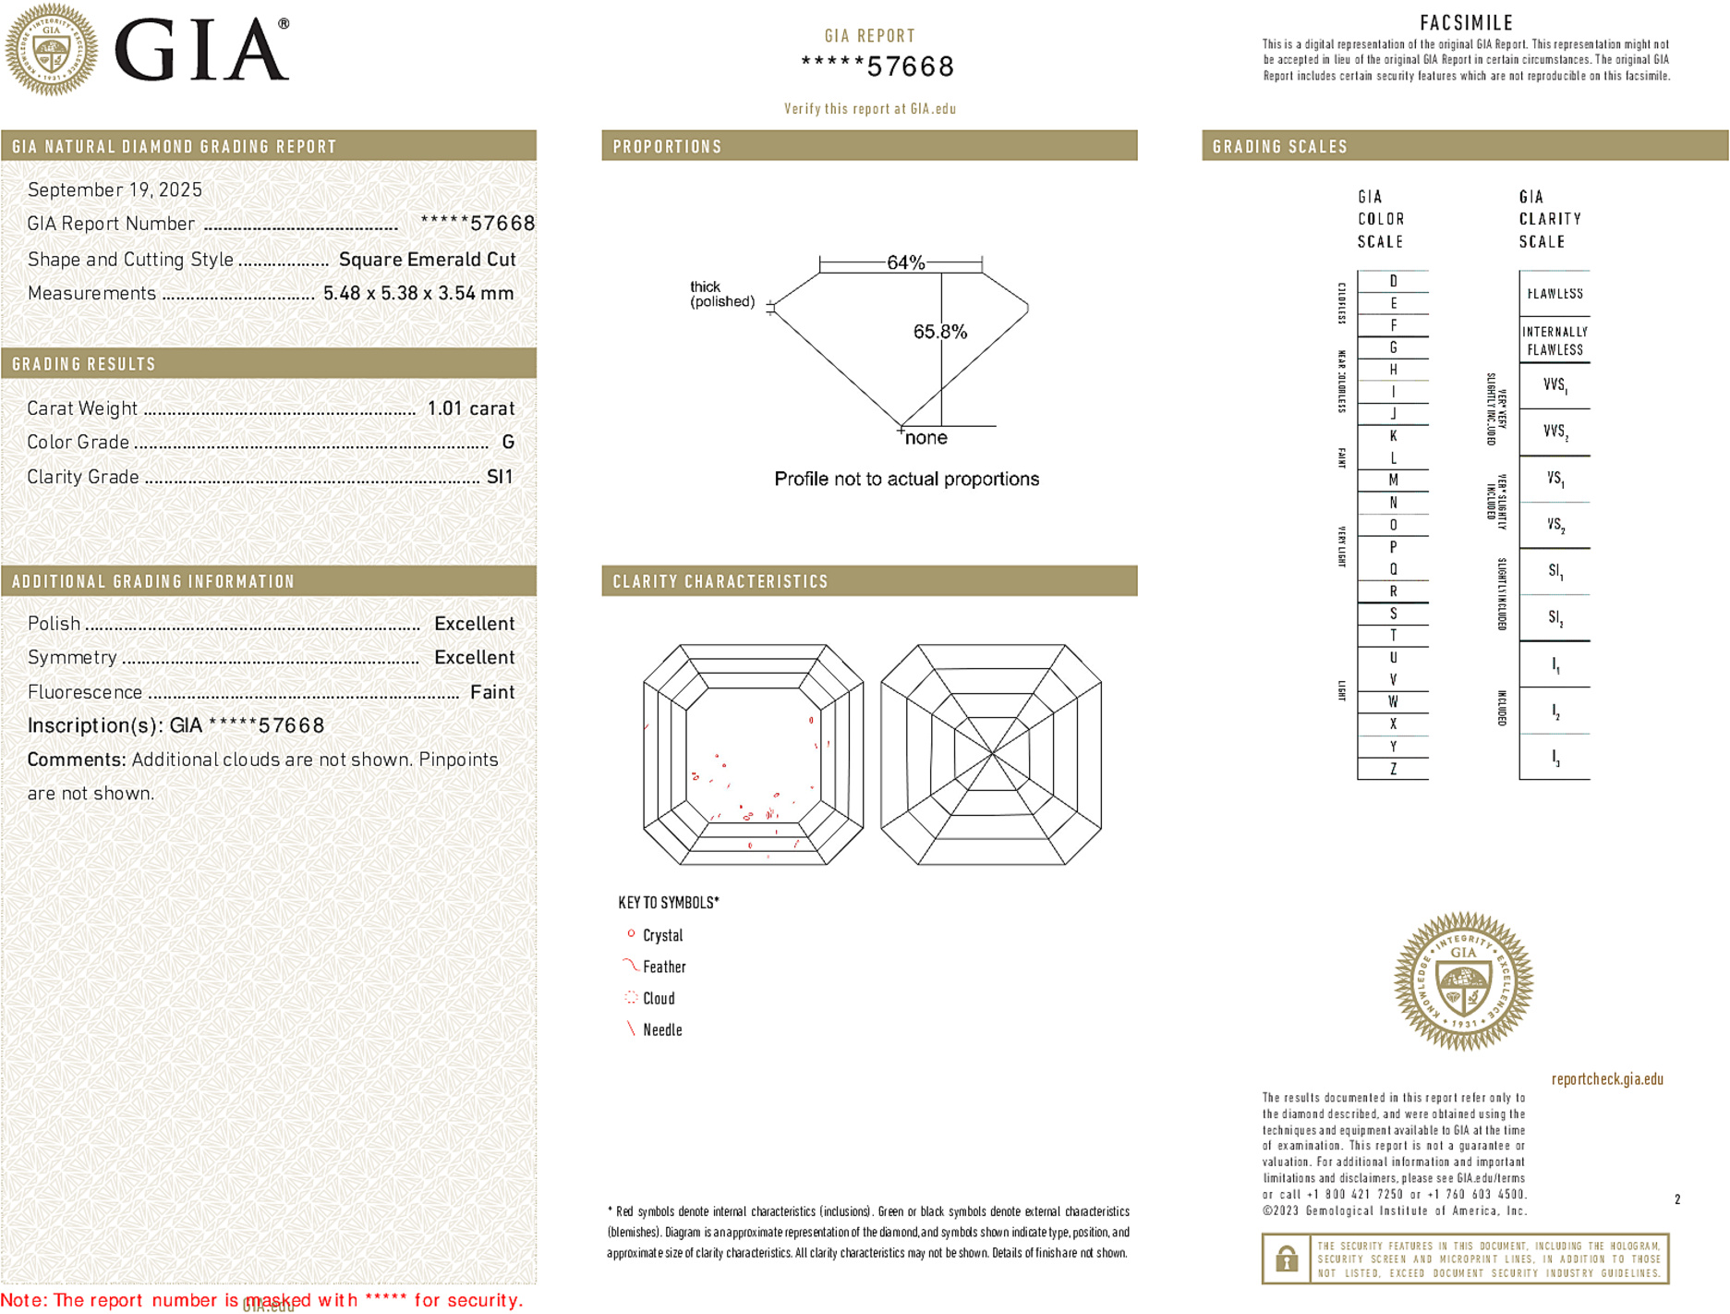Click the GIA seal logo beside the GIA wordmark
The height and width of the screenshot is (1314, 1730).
tap(52, 49)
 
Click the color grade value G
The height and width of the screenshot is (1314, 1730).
tap(508, 443)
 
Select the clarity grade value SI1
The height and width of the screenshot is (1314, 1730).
tap(500, 477)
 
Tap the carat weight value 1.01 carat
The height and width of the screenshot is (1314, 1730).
tap(470, 408)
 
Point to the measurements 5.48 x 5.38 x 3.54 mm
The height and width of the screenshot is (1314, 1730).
tap(418, 294)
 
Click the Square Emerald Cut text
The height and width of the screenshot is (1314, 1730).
tap(427, 260)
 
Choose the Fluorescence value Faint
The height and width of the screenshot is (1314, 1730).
tap(492, 692)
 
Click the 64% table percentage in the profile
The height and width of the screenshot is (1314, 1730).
tap(905, 262)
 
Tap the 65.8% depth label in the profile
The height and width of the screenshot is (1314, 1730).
tap(939, 332)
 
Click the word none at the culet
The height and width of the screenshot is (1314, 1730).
tap(925, 438)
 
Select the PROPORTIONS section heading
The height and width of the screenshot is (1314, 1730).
tap(667, 147)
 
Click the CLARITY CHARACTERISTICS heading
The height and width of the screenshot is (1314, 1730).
tap(720, 581)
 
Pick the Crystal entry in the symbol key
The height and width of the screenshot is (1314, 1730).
tap(662, 935)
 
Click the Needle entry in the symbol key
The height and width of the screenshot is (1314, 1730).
tap(662, 1029)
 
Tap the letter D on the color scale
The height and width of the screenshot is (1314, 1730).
tap(1393, 281)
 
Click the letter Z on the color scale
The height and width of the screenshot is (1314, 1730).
tap(1393, 769)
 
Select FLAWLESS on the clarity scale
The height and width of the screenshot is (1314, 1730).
tap(1555, 294)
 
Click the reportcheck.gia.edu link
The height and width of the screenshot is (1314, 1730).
tap(1607, 1079)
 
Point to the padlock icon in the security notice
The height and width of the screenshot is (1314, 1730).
tap(1286, 1259)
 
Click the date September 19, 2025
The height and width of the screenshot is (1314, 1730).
tap(115, 190)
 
